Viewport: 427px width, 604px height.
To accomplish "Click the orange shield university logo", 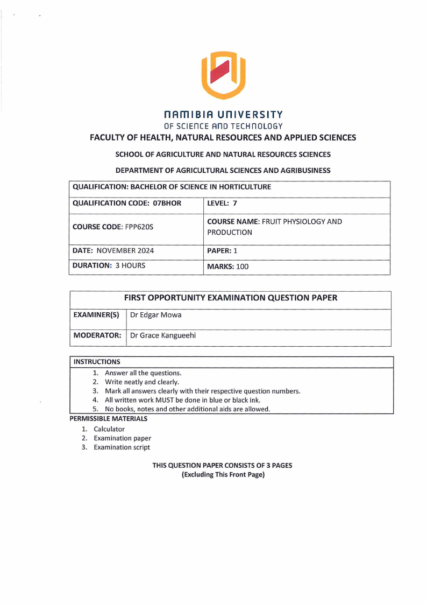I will tap(223, 75).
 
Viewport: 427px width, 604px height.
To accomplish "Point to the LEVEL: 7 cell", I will tap(222, 203).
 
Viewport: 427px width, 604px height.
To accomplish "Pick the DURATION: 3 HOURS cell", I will tap(109, 265).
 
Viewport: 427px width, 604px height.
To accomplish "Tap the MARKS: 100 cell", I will tap(228, 266).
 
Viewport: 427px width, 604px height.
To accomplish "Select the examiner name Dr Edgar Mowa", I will tap(156, 315).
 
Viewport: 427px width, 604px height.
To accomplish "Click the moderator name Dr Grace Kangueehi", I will tap(163, 335).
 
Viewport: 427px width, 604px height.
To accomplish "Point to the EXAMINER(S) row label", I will tap(96, 315).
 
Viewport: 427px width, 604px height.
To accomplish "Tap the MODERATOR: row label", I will tap(97, 335).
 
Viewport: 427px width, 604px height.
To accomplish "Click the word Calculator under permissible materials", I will tap(109, 429).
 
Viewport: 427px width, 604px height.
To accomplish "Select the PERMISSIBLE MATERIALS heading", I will tap(109, 418).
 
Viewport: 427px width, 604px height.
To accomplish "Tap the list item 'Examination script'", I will tap(122, 447).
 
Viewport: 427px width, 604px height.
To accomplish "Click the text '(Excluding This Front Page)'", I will tap(223, 475).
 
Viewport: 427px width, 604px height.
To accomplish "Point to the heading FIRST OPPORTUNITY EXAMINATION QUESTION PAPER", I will tap(231, 298).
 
